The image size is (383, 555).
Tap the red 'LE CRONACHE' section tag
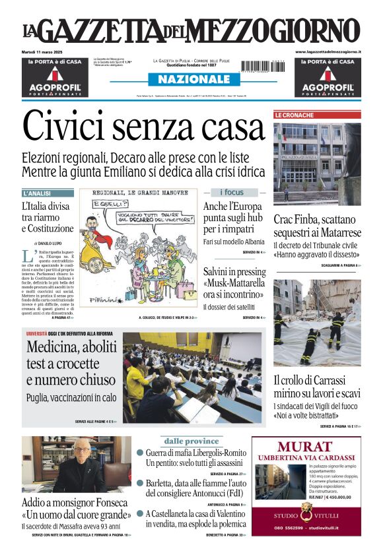click(295, 115)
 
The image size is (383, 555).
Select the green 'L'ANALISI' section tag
click(37, 193)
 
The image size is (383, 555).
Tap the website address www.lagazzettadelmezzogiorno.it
click(328, 51)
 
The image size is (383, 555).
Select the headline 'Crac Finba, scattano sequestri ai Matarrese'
click(317, 226)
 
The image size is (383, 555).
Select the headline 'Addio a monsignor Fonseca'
click(75, 503)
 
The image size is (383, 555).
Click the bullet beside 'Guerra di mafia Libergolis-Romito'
click(140, 453)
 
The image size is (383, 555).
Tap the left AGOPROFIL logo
click(55, 86)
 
